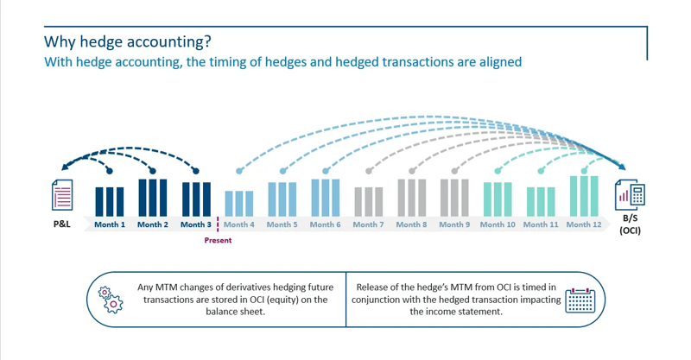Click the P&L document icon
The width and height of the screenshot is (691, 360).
[61, 194]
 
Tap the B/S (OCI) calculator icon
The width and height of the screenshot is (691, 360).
[630, 194]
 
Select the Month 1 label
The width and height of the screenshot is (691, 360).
[111, 224]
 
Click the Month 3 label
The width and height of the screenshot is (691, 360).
[195, 224]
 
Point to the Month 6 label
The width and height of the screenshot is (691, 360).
[325, 224]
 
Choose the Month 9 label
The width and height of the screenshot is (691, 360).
[454, 224]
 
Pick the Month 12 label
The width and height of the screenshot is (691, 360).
[584, 224]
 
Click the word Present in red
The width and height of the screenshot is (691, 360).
[218, 240]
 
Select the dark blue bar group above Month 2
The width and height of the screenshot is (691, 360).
[153, 197]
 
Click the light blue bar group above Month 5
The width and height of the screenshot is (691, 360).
[282, 199]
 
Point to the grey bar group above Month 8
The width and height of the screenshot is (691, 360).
[412, 197]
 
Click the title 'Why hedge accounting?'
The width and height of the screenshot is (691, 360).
[127, 42]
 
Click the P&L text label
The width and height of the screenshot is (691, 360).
[61, 224]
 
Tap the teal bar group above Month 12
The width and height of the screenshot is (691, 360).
[584, 195]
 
